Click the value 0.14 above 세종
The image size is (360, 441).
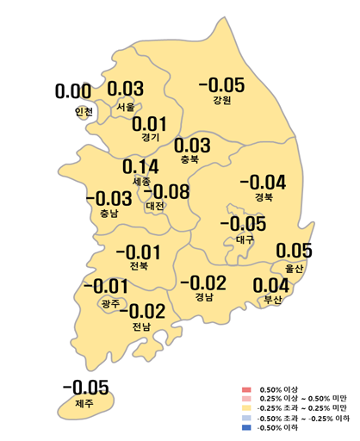point(140,167)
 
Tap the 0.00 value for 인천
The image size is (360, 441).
point(73,91)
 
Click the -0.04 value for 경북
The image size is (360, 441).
point(263,182)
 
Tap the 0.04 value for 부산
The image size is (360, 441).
point(271,285)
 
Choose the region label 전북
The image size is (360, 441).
point(138,267)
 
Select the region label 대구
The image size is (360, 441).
point(245,240)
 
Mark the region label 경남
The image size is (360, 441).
point(205,298)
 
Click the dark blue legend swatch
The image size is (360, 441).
point(246,428)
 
